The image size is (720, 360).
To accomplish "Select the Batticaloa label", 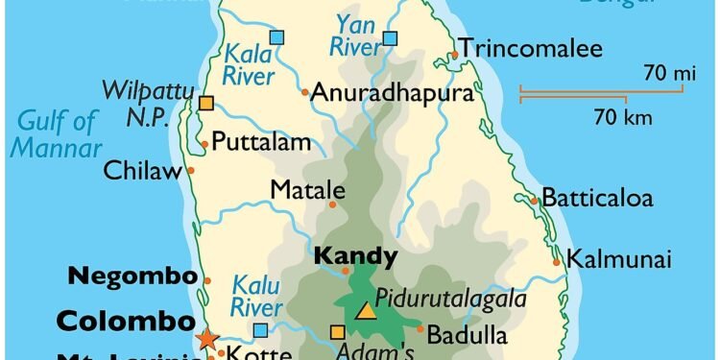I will point(597,199).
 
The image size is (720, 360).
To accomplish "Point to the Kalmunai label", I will point(618,259).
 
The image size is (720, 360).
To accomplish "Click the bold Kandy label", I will point(355,256).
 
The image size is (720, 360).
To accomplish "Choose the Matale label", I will point(307,189).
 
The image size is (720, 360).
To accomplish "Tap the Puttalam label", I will point(261,143).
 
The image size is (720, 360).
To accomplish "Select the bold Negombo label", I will point(132,276).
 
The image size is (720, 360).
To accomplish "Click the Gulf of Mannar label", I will point(58,134).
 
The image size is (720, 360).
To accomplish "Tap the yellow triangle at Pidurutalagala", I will point(366,310).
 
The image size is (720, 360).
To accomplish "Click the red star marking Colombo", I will point(205,338).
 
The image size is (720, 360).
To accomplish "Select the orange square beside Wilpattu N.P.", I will point(206,102).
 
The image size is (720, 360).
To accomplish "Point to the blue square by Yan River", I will point(390,38).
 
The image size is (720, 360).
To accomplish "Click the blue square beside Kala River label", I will point(277,37).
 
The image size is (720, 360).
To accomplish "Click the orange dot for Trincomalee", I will point(453,56).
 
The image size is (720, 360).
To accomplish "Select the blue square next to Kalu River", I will point(261,330).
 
